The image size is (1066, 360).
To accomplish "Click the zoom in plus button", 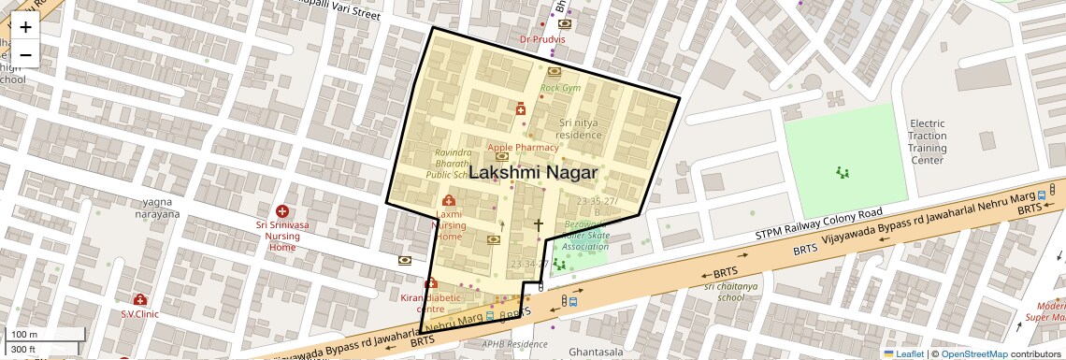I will (x=25, y=27).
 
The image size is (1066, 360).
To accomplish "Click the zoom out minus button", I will (x=25, y=55).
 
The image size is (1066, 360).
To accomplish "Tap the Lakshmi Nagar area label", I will (x=532, y=173).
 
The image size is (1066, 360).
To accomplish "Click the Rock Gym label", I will (x=560, y=88).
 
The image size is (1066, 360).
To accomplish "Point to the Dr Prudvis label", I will (x=543, y=39).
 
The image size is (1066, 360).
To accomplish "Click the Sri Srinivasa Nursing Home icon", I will (x=281, y=212).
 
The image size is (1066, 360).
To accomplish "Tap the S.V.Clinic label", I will (x=139, y=314).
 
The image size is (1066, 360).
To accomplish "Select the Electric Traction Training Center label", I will (x=927, y=142).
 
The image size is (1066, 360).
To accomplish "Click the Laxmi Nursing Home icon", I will (x=448, y=201).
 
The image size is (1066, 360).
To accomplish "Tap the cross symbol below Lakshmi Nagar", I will (x=538, y=224).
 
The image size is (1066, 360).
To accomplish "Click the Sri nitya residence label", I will (x=580, y=129).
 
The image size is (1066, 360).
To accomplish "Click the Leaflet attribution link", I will (x=903, y=353).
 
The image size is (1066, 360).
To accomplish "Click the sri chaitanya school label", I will (x=725, y=292).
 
